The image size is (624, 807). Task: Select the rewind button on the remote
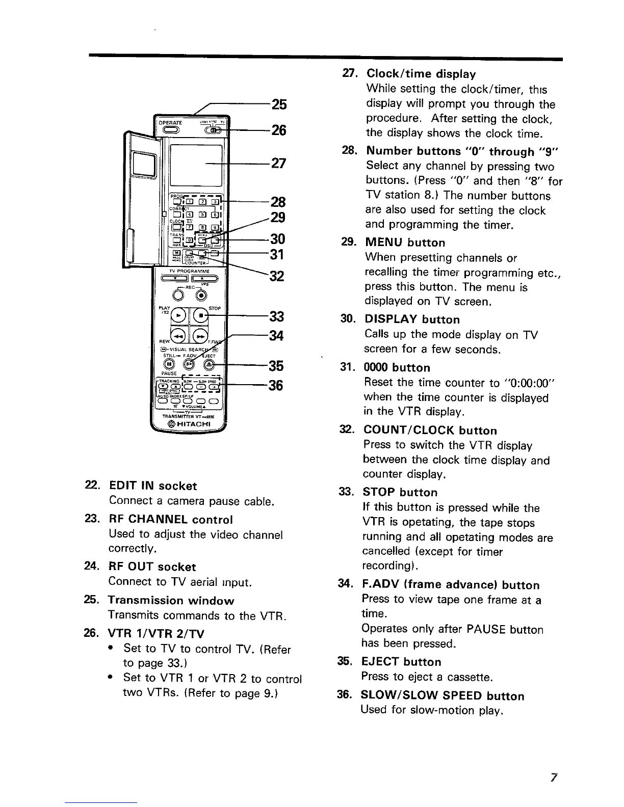tap(178, 336)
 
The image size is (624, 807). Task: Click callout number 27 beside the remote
tap(279, 164)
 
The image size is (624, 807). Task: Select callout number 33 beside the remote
tap(277, 317)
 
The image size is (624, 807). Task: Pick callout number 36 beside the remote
tap(277, 386)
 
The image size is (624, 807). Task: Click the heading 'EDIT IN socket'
tap(152, 486)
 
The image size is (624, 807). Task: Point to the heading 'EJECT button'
tap(401, 662)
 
